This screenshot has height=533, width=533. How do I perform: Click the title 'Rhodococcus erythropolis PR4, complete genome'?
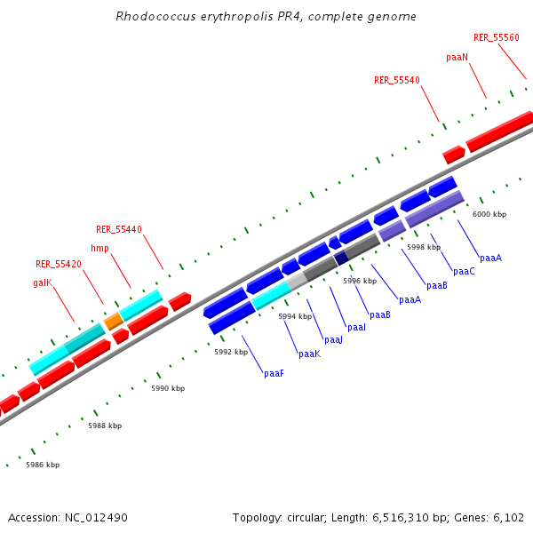coord(266,17)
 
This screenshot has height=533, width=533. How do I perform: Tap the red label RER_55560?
coord(496,37)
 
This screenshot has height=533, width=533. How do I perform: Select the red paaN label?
coord(457,57)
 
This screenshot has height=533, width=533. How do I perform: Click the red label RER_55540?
coord(396,80)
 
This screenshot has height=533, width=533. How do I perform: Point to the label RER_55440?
coord(119,229)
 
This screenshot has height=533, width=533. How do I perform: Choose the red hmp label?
coord(99,249)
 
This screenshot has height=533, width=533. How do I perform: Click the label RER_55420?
coord(59,264)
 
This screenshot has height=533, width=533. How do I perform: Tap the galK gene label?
coord(42,282)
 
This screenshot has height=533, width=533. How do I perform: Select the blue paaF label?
coord(274,374)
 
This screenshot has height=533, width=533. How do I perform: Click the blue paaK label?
coord(309,354)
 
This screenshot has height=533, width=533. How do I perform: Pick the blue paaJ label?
coord(333,340)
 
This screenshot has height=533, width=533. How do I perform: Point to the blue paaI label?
coord(356,328)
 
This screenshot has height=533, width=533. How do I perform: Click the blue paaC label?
coord(464,271)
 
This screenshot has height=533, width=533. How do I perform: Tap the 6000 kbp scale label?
coord(489,214)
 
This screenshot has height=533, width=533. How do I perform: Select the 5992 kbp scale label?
coord(231,352)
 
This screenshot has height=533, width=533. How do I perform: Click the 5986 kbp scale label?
coord(43,465)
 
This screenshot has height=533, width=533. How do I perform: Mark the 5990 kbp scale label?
coord(168,388)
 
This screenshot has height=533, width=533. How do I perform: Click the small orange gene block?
coord(114,320)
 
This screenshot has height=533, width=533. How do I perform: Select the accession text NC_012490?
coord(68,517)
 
